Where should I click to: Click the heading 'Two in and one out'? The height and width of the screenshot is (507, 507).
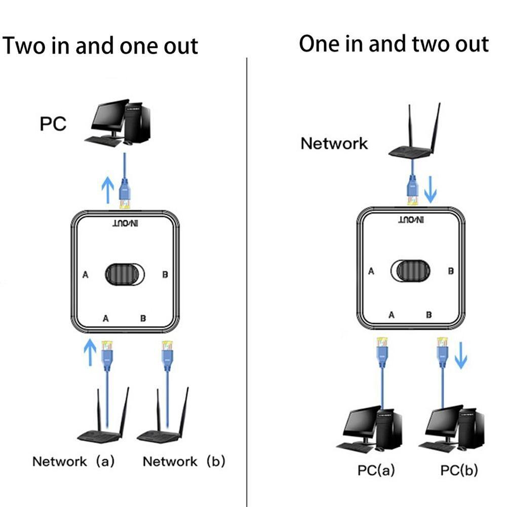tap(100, 46)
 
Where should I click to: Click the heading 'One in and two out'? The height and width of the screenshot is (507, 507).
tap(394, 44)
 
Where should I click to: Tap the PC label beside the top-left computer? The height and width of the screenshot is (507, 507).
tap(53, 124)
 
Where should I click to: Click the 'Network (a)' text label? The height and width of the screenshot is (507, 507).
tap(73, 461)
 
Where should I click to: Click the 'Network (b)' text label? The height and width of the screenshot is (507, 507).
tap(184, 461)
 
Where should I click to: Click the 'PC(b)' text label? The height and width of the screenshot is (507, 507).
tap(458, 470)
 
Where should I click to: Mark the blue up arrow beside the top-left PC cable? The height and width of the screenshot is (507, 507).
tap(107, 190)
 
